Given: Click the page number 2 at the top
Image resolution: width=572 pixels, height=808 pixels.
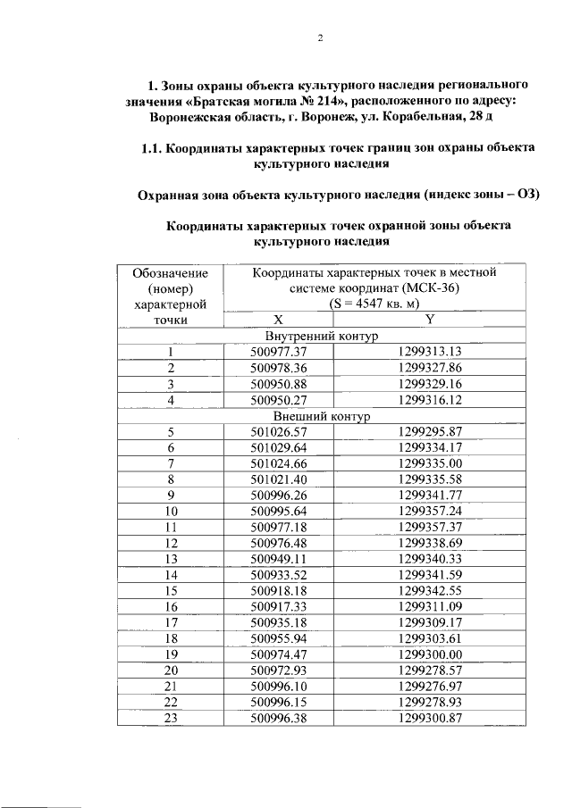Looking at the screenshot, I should pyautogui.click(x=319, y=37).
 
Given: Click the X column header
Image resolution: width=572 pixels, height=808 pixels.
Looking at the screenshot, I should pyautogui.click(x=277, y=319).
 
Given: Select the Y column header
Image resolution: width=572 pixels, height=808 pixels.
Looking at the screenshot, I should pyautogui.click(x=430, y=319).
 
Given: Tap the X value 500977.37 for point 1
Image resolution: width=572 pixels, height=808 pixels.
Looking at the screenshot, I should pyautogui.click(x=277, y=352).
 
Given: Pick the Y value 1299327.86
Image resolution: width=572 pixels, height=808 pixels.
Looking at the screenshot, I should pyautogui.click(x=430, y=368).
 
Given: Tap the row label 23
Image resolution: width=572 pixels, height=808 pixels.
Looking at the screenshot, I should pyautogui.click(x=170, y=718).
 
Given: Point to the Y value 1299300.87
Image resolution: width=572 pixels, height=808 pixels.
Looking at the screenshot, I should pyautogui.click(x=430, y=718).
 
